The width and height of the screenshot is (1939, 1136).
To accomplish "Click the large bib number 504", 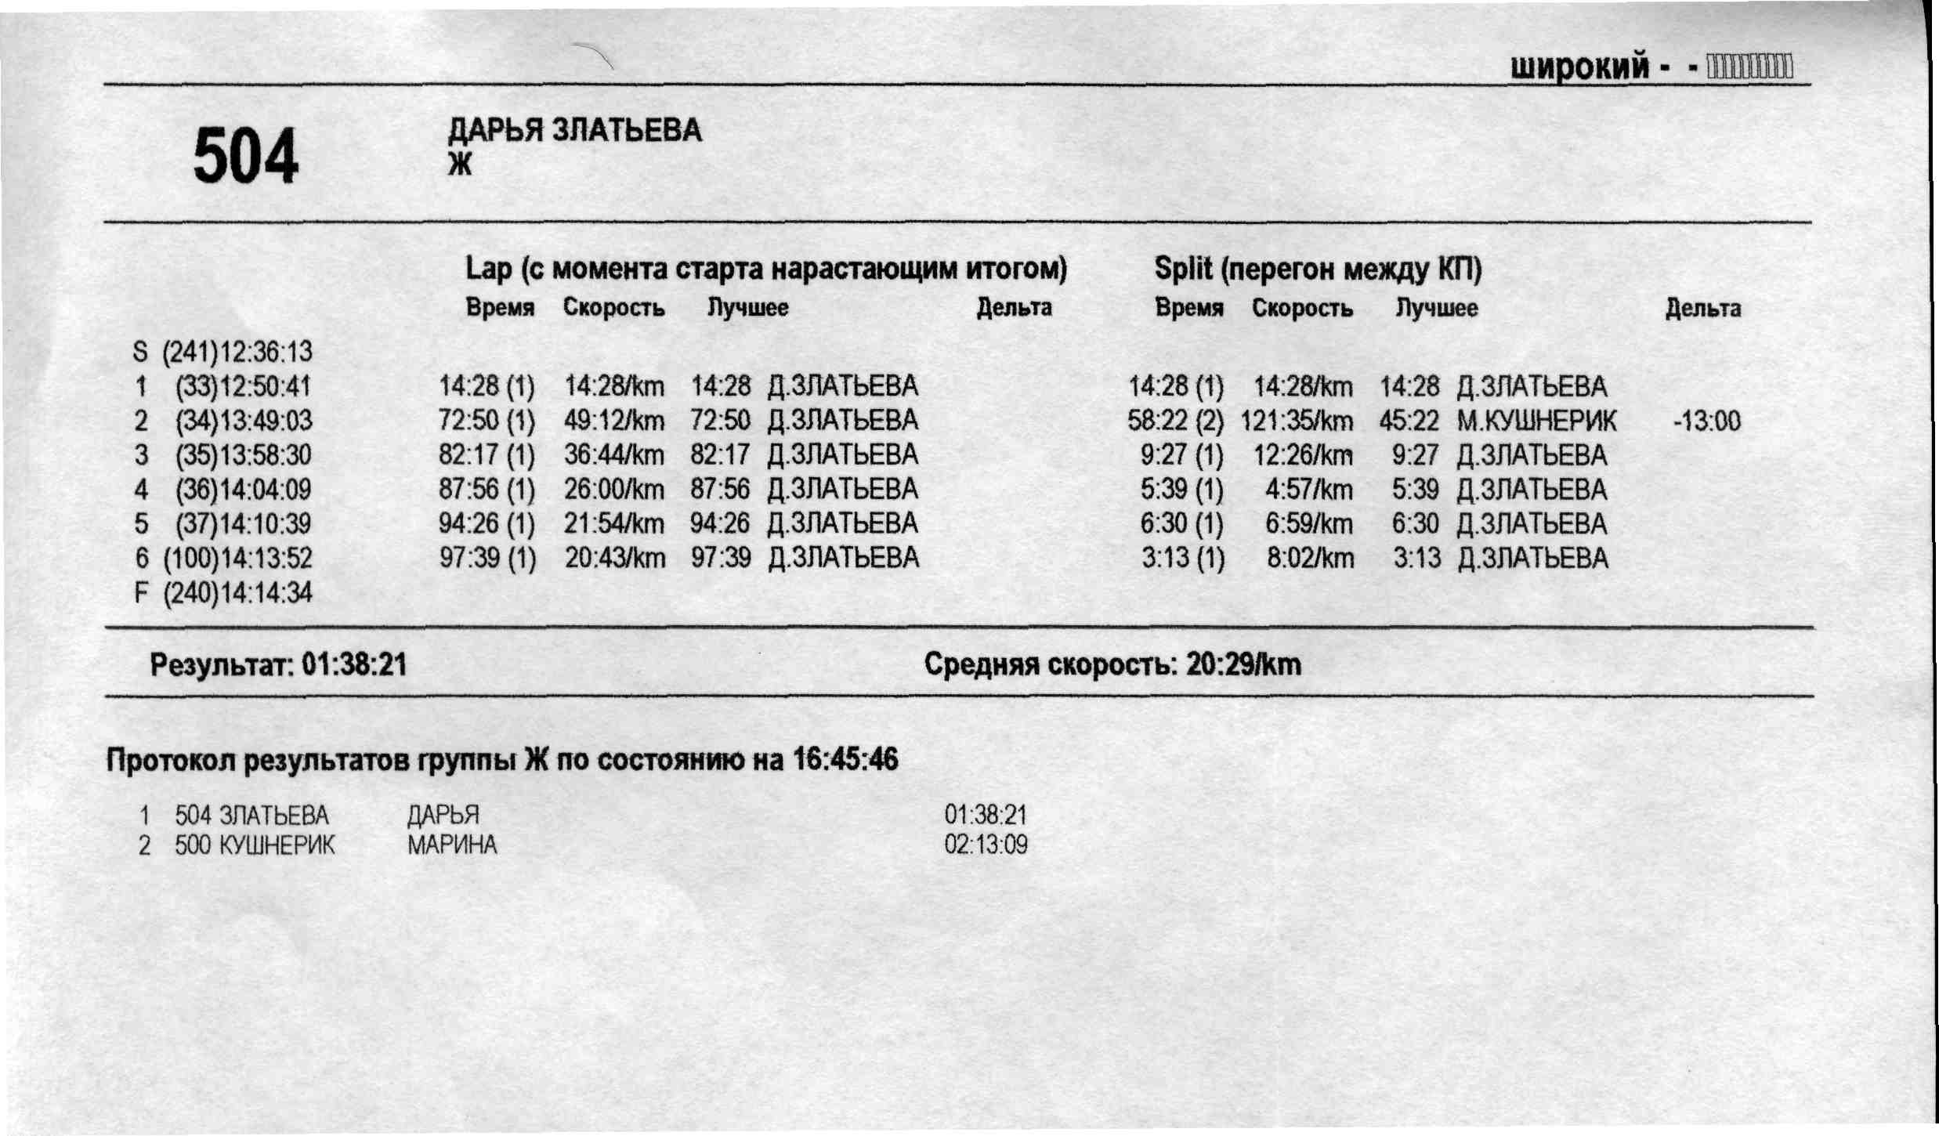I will click(x=246, y=157).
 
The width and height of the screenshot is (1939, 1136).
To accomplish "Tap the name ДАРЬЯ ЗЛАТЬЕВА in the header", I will click(x=574, y=130).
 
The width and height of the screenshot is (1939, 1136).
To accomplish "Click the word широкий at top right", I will click(x=1579, y=67).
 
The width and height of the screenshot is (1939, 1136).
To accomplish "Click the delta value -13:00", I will click(x=1706, y=421).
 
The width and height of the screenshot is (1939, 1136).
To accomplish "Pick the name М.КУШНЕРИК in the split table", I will click(x=1536, y=421).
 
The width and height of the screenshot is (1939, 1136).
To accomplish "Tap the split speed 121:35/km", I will click(x=1297, y=421).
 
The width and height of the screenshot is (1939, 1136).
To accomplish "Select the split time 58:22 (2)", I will click(x=1175, y=421).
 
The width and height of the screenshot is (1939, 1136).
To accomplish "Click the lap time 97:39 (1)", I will click(x=487, y=559).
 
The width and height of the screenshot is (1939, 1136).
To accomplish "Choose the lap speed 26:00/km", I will click(x=614, y=490).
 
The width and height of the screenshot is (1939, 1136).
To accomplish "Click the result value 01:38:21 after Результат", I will click(x=354, y=665).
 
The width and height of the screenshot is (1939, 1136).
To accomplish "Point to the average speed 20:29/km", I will click(x=1243, y=665).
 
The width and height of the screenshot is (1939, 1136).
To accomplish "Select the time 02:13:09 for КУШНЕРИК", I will click(x=986, y=845).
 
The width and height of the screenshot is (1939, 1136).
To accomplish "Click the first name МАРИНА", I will click(x=452, y=845).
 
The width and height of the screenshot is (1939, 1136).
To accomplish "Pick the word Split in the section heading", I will click(x=1183, y=270).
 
